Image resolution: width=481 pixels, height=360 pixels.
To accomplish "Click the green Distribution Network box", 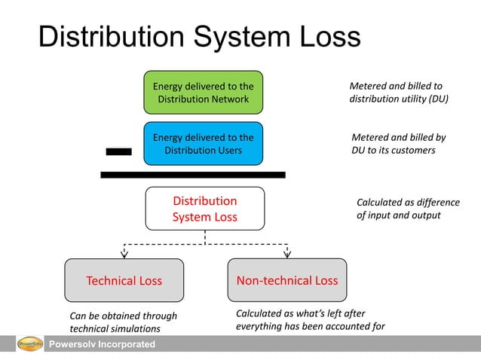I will click(204, 93).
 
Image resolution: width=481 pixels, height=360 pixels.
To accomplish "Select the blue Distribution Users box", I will click(204, 143).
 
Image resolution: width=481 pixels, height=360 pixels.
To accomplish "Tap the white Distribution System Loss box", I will click(204, 209).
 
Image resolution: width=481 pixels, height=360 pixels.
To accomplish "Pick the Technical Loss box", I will click(124, 281).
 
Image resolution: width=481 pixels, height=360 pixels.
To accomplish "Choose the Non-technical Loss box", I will click(286, 281).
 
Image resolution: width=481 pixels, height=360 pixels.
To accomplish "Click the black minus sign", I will click(118, 151).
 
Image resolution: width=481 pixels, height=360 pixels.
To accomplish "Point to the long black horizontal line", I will click(193, 175).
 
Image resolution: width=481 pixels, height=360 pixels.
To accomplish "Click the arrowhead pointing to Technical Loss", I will click(124, 253).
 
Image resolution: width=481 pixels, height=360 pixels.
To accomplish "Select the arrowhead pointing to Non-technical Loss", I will click(287, 253).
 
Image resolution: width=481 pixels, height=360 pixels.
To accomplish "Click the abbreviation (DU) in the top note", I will click(436, 98).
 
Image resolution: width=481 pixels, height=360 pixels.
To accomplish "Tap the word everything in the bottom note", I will click(261, 326).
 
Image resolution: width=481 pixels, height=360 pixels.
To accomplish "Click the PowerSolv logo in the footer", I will click(29, 345).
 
